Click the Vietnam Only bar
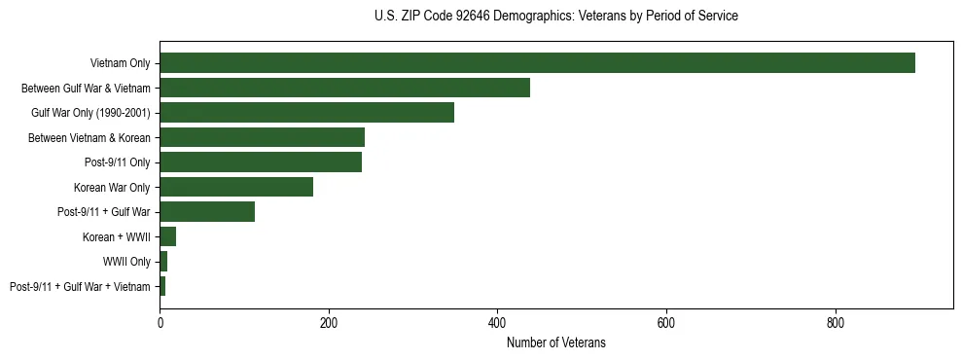coord(537,62)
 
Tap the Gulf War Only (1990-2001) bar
coord(306,112)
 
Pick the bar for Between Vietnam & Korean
coord(262,137)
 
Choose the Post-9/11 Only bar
coord(261,162)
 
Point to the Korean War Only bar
coord(236,187)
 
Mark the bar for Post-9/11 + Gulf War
coord(207,211)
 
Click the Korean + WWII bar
coord(167,236)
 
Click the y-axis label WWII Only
coord(126,262)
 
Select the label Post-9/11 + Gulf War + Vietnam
coord(80,287)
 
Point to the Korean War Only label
coord(112,188)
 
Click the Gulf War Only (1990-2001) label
coord(91,113)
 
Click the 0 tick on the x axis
coord(160,322)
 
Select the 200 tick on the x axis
coord(329,322)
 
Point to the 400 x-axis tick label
coord(497,322)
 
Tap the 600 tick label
coord(666,322)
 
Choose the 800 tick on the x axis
coord(836,322)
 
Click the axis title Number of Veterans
coord(555,342)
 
